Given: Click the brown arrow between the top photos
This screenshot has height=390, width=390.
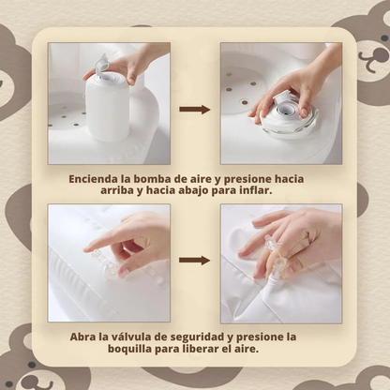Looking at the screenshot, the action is point(195,110).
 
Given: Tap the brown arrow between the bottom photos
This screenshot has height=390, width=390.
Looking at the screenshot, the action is point(195,260).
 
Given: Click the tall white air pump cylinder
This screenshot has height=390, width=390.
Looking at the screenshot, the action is point(107,106).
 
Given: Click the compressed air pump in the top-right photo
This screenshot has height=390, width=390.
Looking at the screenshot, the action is point(285,114).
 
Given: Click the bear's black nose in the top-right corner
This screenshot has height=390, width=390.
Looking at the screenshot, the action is point(384,38).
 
